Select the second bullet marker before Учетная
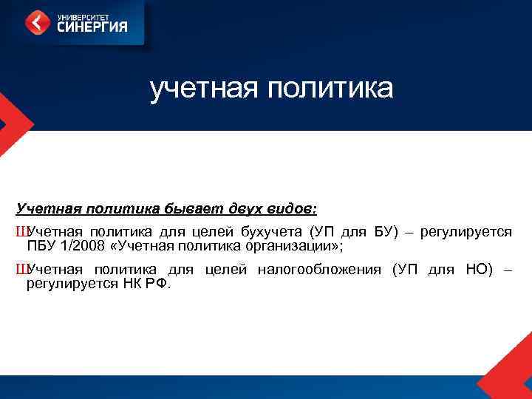[x=20, y=270]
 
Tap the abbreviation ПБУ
[x=41, y=246]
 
